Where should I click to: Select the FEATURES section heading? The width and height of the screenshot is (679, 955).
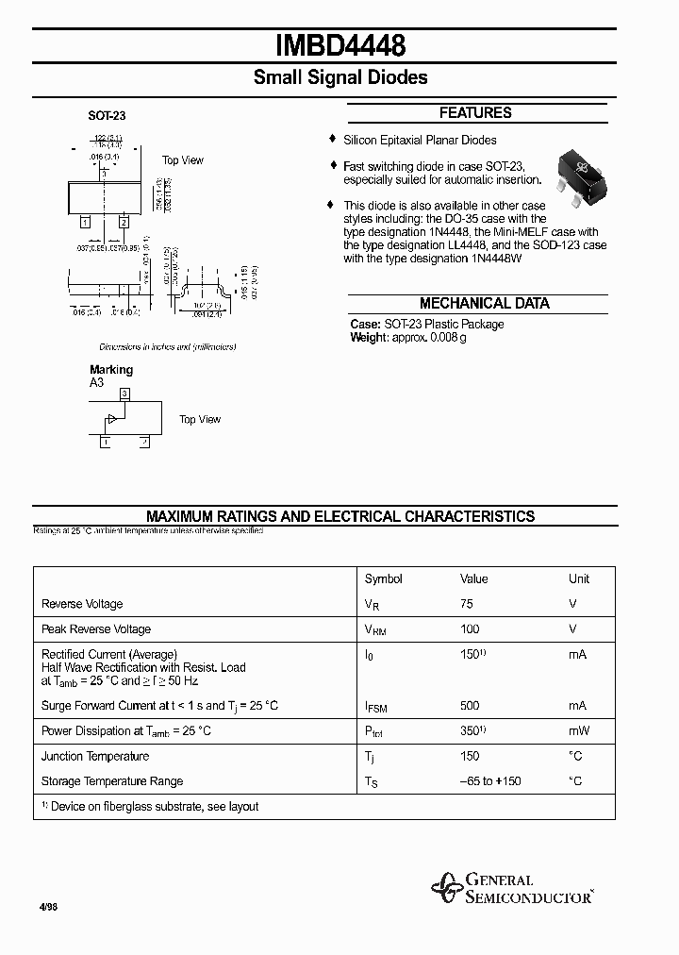pos(475,113)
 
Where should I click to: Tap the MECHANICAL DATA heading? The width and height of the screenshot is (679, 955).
pos(484,304)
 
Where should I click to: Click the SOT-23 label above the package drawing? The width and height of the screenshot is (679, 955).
pos(107,116)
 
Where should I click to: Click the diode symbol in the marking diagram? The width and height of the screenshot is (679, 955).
pos(112,418)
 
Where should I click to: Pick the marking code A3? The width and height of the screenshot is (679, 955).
pos(97,383)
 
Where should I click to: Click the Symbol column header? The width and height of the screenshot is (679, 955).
pos(383,578)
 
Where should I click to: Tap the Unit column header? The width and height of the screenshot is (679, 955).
pos(578,578)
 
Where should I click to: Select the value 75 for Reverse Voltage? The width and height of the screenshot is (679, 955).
pos(467,604)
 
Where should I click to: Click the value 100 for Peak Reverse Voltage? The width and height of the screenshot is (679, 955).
pos(470,628)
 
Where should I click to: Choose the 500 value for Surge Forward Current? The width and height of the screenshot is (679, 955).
pos(470,705)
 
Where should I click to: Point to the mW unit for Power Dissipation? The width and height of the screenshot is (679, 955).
pos(579,730)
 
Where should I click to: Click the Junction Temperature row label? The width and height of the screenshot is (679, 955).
pos(95,756)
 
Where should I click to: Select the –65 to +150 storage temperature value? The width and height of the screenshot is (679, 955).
pos(490,781)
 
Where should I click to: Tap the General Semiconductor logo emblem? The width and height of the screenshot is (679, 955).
pos(445,888)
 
